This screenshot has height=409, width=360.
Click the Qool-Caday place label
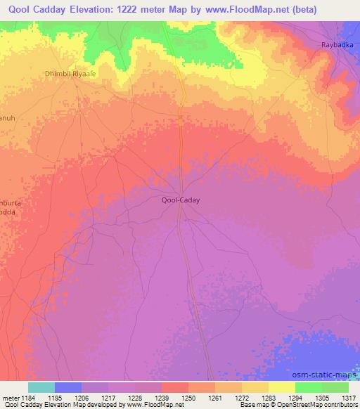point(181,200)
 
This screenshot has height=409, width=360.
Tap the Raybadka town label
point(337,46)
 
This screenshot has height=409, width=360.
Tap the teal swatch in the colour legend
point(41,387)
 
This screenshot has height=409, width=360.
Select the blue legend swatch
point(68,387)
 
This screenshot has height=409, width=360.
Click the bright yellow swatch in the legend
point(281,387)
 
